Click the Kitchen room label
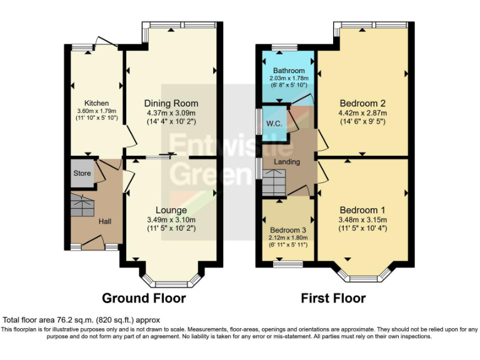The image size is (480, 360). pyautogui.click(x=97, y=103)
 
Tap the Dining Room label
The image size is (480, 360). pyautogui.click(x=171, y=103)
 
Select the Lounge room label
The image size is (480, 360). pyautogui.click(x=171, y=210)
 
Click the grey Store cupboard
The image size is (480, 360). pyautogui.click(x=82, y=174)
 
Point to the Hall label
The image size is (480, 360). pyautogui.click(x=104, y=221)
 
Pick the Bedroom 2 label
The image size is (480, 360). pyautogui.click(x=362, y=103)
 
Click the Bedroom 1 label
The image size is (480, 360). pyautogui.click(x=362, y=210)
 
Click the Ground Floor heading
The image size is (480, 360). pyautogui.click(x=144, y=298)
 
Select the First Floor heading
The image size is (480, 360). pyautogui.click(x=333, y=298)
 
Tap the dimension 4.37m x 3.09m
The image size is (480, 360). pyautogui.click(x=171, y=113)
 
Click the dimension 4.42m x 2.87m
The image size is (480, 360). pyautogui.click(x=362, y=113)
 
